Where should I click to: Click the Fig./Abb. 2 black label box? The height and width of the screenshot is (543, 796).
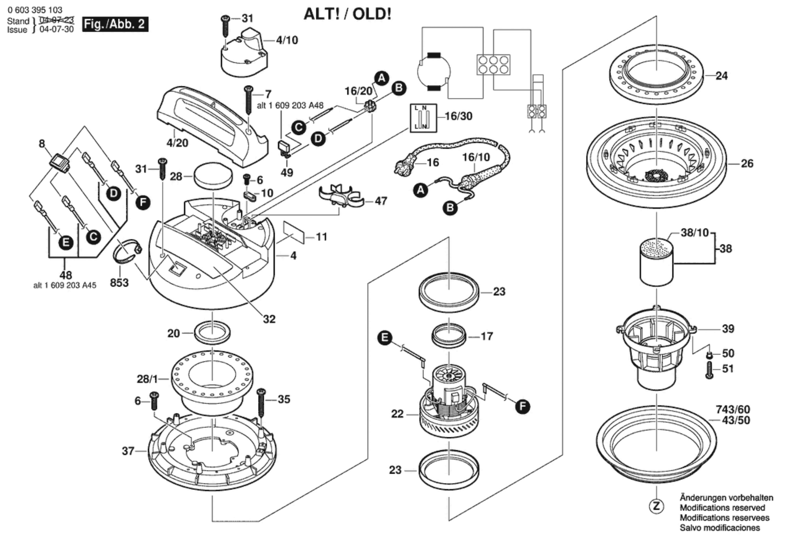coord(115,24)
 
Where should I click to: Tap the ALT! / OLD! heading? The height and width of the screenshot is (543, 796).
coord(347,14)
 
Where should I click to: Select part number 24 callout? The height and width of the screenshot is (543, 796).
coord(721,76)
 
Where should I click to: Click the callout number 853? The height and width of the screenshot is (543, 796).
coord(119,282)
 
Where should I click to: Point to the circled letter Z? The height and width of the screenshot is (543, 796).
coord(656,506)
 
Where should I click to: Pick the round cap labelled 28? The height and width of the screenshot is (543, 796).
coord(213,176)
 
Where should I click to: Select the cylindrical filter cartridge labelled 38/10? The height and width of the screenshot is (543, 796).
coord(657,261)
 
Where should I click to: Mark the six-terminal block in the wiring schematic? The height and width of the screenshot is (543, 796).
coord(493,65)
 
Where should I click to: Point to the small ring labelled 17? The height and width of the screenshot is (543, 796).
coord(449,336)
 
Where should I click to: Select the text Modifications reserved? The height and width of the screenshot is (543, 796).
coord(722,508)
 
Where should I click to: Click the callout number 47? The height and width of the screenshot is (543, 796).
coord(381,201)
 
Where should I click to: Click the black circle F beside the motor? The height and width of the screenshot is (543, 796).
coord(522,406)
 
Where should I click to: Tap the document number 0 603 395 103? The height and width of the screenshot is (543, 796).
coord(35,10)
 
